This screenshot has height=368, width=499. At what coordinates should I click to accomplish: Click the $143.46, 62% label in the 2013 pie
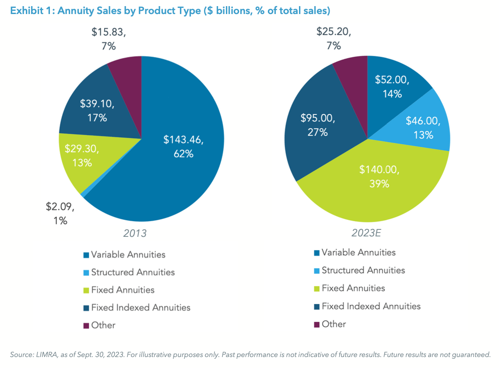click(184, 146)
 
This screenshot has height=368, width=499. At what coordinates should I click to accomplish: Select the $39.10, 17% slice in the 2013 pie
click(97, 111)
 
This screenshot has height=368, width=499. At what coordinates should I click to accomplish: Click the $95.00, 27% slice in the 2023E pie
click(317, 125)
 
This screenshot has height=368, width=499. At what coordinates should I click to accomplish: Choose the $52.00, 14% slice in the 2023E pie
click(392, 86)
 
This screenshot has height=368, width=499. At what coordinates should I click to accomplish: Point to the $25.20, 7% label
click(334, 39)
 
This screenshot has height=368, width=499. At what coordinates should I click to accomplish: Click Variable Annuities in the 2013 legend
click(128, 254)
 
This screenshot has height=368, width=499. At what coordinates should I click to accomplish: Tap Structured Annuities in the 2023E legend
click(363, 270)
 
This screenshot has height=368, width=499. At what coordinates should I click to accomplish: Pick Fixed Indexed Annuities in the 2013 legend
click(141, 307)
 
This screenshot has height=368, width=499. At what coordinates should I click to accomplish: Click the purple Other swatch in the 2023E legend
click(316, 325)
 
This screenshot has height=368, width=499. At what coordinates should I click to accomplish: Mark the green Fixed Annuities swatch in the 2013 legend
click(86, 290)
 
